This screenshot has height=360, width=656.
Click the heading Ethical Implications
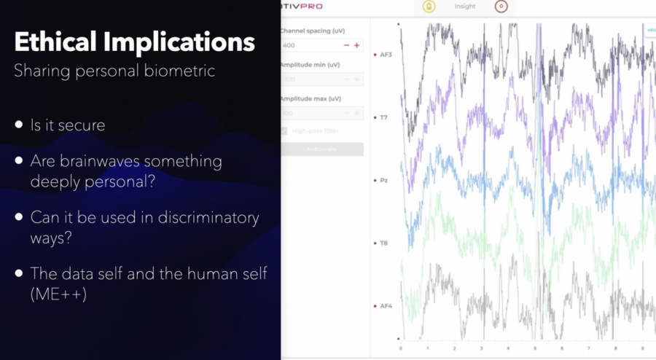tap(135, 42)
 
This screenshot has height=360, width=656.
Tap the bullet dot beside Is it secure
tap(19, 125)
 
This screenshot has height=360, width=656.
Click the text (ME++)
tap(53, 293)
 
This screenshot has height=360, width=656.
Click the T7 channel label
tap(383, 117)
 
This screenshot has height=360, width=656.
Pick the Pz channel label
tap(383, 179)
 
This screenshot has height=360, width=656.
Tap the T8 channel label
tap(383, 242)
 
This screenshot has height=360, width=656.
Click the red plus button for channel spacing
tap(357, 45)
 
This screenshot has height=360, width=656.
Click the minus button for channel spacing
tap(346, 45)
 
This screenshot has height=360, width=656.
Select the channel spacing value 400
tap(289, 45)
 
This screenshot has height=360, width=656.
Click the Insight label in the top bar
tap(464, 7)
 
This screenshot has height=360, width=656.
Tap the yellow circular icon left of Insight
tap(429, 7)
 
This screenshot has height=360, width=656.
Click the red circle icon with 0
tap(501, 7)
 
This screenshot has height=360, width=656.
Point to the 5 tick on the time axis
tap(535, 348)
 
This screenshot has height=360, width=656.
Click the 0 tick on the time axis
tap(400, 348)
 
